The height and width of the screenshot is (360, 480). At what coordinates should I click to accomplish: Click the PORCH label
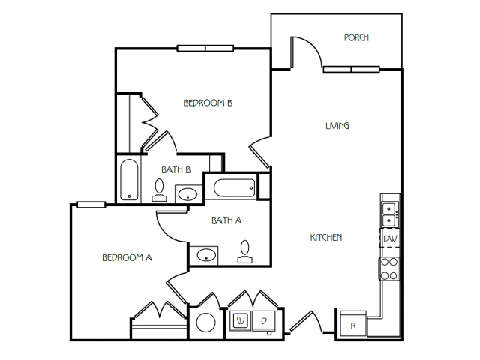click(356, 38)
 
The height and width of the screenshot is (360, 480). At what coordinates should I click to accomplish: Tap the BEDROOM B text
click(208, 103)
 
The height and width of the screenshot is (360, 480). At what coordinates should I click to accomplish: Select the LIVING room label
click(337, 126)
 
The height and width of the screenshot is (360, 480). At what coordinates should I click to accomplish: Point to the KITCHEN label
click(326, 238)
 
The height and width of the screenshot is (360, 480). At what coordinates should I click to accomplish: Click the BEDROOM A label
click(127, 258)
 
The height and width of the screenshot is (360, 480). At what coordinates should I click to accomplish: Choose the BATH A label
click(226, 220)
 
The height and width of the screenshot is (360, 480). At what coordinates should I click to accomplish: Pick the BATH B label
click(176, 170)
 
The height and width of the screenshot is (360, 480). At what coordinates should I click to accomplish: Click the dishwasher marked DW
click(390, 238)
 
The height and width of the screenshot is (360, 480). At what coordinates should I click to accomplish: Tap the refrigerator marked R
click(353, 325)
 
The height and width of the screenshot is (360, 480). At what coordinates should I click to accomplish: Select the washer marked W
click(241, 321)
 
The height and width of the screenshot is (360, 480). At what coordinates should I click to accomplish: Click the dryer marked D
click(263, 321)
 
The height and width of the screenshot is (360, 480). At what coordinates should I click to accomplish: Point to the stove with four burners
click(389, 268)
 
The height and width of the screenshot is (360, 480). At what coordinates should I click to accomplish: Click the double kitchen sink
click(390, 214)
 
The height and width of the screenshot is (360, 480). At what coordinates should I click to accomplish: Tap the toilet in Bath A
click(245, 252)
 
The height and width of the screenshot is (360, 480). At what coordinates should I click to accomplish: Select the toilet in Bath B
click(159, 190)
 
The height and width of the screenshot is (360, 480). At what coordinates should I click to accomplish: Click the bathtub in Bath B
click(129, 180)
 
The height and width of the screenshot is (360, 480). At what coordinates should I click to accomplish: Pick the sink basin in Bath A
click(206, 255)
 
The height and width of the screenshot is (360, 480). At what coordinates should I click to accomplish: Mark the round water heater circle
click(205, 322)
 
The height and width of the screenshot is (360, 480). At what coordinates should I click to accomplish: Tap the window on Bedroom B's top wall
click(205, 48)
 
